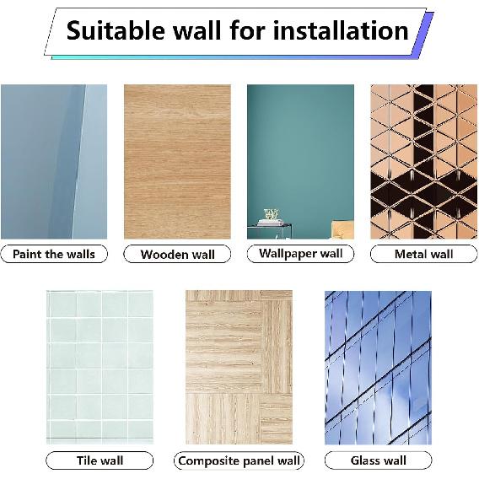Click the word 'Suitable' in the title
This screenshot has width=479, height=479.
click(x=113, y=31)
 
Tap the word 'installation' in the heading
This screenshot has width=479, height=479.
click(x=339, y=31)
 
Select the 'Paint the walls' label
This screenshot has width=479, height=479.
click(x=54, y=254)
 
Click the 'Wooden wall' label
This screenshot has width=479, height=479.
click(x=177, y=254)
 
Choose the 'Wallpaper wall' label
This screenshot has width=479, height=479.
click(x=300, y=253)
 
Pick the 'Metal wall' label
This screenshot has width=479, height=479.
click(x=423, y=254)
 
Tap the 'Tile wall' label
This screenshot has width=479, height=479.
click(x=100, y=460)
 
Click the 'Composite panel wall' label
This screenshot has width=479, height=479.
click(x=239, y=460)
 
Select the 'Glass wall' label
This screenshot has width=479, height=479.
click(x=378, y=460)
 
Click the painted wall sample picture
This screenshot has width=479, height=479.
click(x=54, y=161)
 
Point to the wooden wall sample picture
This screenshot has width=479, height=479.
click(x=177, y=161)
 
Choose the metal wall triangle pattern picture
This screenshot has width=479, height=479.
click(x=423, y=161)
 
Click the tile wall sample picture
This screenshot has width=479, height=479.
click(x=100, y=368)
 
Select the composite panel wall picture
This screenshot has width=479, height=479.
click(x=239, y=368)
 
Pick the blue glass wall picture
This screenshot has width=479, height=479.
click(x=378, y=368)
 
